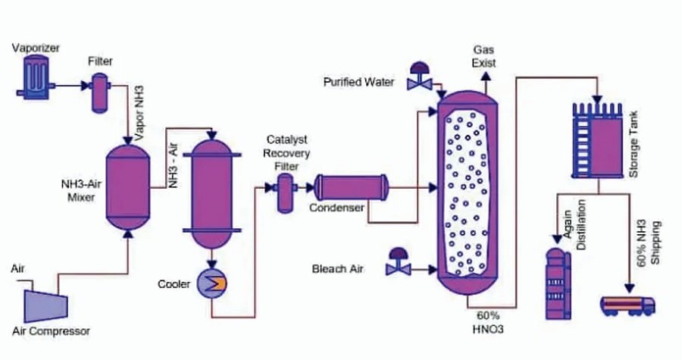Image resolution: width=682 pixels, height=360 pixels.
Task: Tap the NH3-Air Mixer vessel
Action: [127, 186]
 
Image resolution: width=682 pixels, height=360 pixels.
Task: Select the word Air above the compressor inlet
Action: [18, 270]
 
